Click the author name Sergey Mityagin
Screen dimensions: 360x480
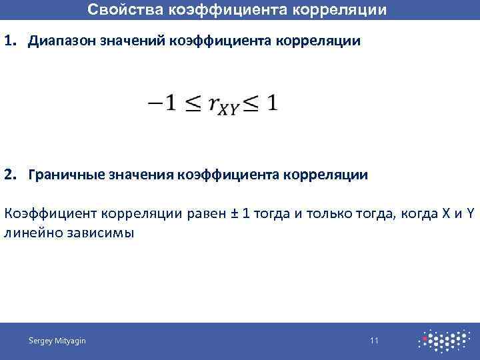pyautogui.click(x=57, y=341)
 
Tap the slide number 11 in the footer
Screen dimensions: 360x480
pyautogui.click(x=374, y=341)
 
